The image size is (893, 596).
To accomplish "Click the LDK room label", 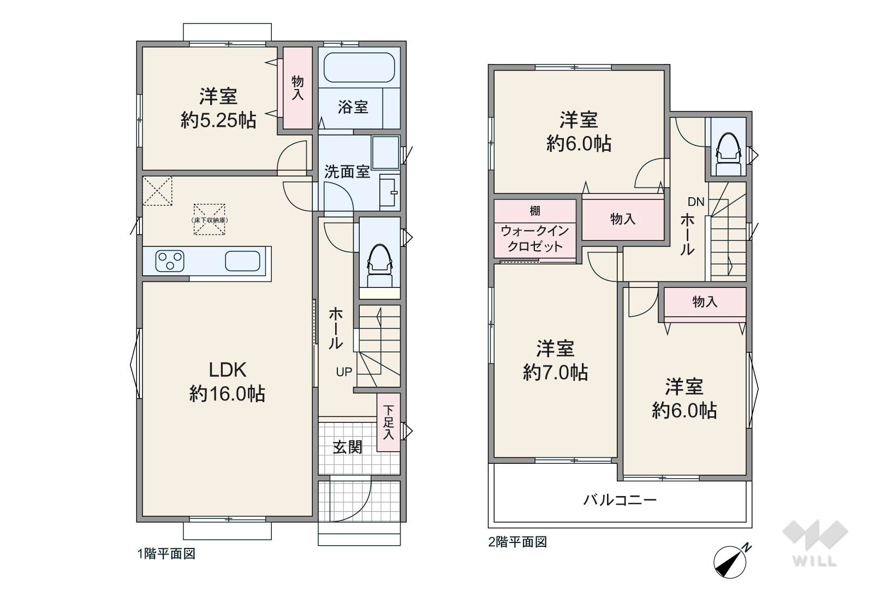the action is pos(228,370).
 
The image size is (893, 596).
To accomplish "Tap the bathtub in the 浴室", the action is pos(359,67).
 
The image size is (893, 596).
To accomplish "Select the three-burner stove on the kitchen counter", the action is pos(170,261).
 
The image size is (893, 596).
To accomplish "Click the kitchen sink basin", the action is pos(242,261).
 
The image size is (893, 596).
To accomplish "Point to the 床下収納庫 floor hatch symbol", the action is pos(209,220).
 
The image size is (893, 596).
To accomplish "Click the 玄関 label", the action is pos(348,447).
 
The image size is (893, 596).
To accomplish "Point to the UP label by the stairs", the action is pos(344,372).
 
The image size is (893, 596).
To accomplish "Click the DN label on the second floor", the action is pos(696,202).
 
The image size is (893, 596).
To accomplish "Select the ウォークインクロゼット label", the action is pos(535,238).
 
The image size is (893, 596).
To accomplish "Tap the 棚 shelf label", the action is pos(535,210).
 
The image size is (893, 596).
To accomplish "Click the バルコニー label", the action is pos(620,500).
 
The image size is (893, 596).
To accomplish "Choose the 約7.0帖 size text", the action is pos(555,373).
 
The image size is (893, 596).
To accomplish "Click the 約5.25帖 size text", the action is pos(218,120).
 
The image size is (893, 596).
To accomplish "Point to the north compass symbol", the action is pos(731,561).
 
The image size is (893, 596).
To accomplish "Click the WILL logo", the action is pos(815,543).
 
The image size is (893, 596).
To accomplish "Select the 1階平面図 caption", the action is pos(166,554).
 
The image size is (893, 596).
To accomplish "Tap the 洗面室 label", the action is pos(347,172).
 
